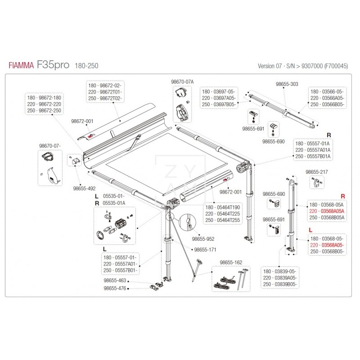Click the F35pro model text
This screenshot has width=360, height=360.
coord(53,66)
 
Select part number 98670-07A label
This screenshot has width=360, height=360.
coord(182,81)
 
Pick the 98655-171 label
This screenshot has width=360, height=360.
coord(204,249)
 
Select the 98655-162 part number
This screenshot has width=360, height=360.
coord(231,262)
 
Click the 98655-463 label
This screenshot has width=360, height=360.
coord(115,281)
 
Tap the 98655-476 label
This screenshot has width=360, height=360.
coord(115,288)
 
